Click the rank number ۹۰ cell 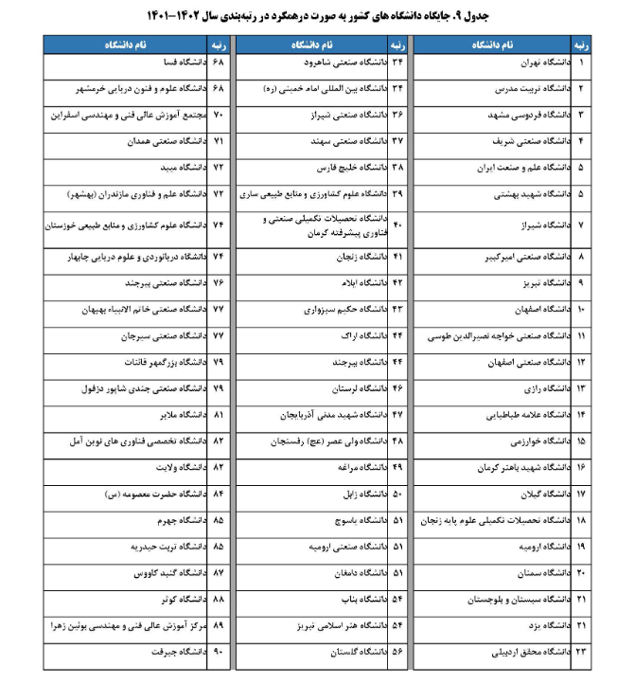[x=217, y=653]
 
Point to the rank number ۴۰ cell [x=397, y=225]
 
